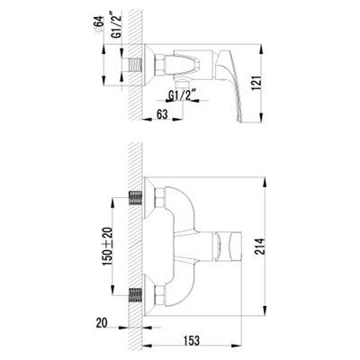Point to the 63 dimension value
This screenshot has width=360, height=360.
(162, 114)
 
